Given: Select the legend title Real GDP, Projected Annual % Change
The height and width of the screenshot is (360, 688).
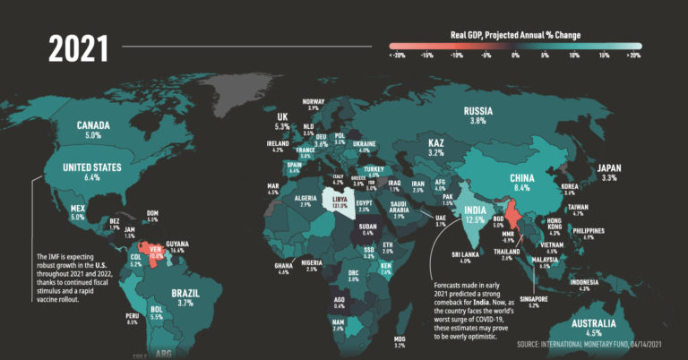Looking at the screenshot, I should tap(515, 35).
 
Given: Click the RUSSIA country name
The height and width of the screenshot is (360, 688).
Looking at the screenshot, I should tap(477, 111).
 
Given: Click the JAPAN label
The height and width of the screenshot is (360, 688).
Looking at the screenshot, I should tap(609, 167).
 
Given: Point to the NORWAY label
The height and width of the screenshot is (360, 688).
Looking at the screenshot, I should tap(314, 101).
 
